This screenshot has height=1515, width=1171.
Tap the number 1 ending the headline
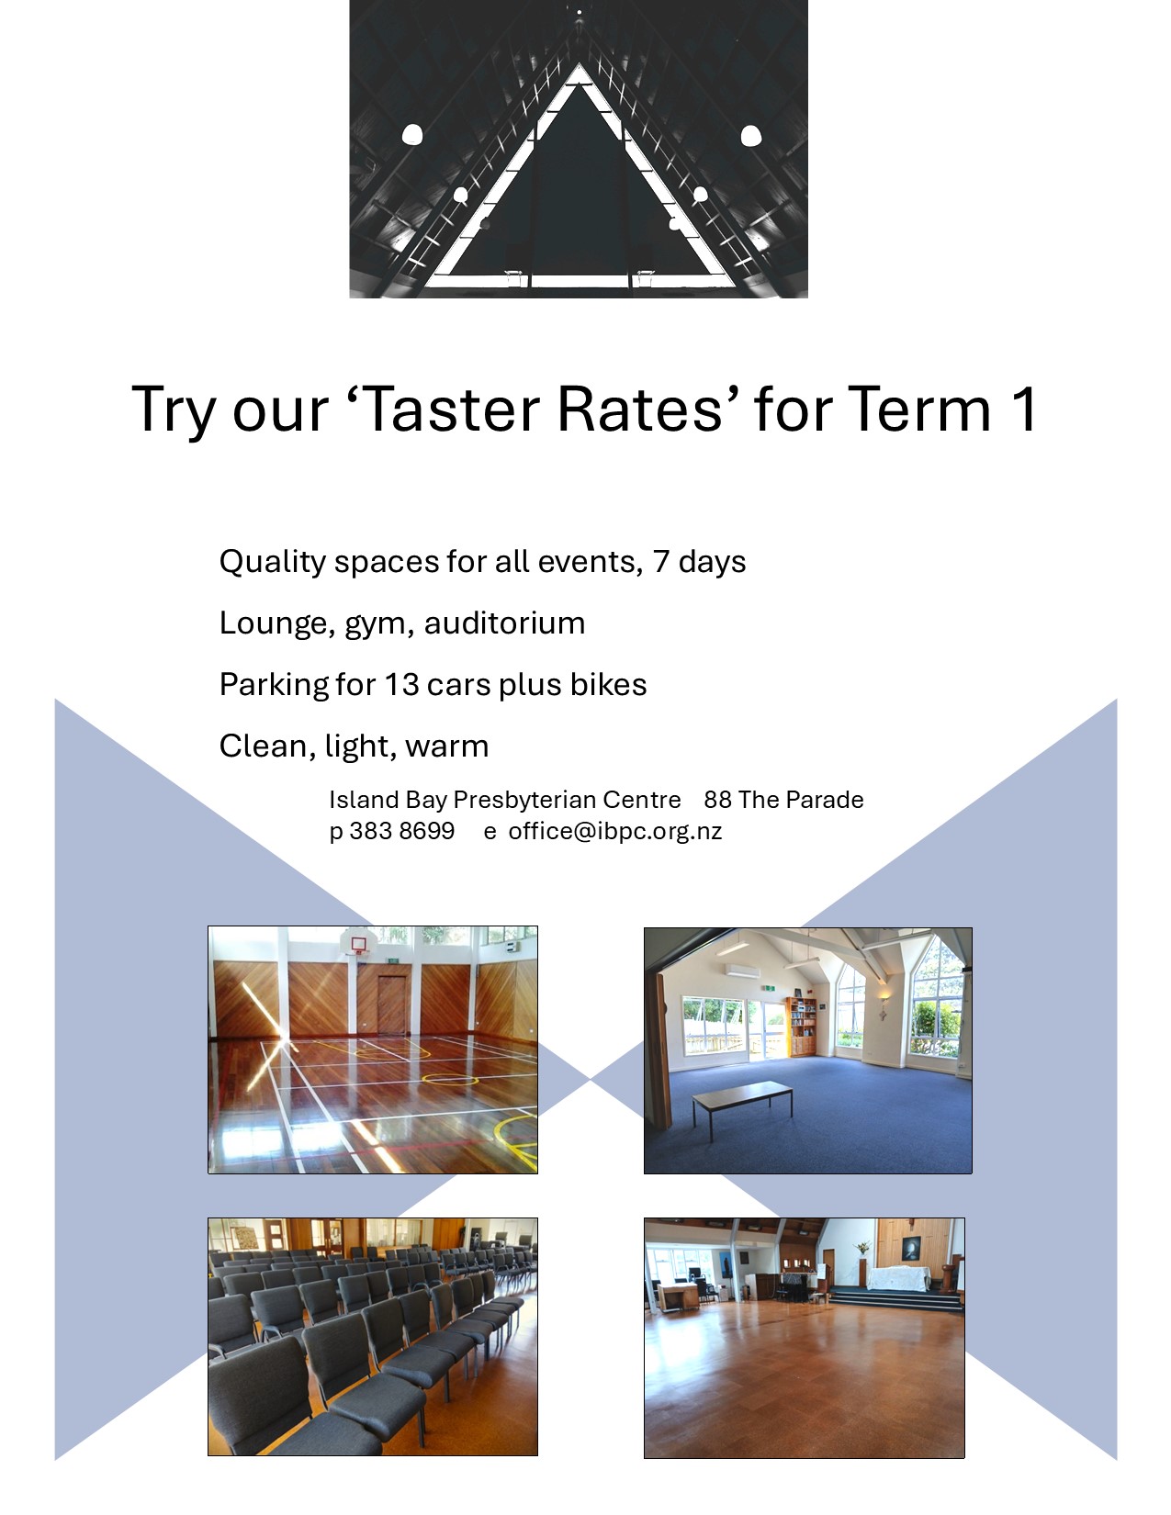coord(1025,410)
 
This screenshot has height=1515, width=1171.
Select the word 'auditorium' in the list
coord(504,623)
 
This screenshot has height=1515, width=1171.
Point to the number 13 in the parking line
coord(401,685)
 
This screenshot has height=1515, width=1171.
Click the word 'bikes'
coord(608,684)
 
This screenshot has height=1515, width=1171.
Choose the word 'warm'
coord(447,746)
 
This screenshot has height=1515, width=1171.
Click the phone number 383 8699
coord(401,831)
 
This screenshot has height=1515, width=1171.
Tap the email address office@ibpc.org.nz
coord(615,831)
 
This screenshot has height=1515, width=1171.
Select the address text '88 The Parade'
coord(783,800)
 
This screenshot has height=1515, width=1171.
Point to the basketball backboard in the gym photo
coord(358,943)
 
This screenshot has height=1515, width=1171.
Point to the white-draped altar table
coord(899,1278)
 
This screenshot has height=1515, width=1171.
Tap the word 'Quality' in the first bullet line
coord(272,562)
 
